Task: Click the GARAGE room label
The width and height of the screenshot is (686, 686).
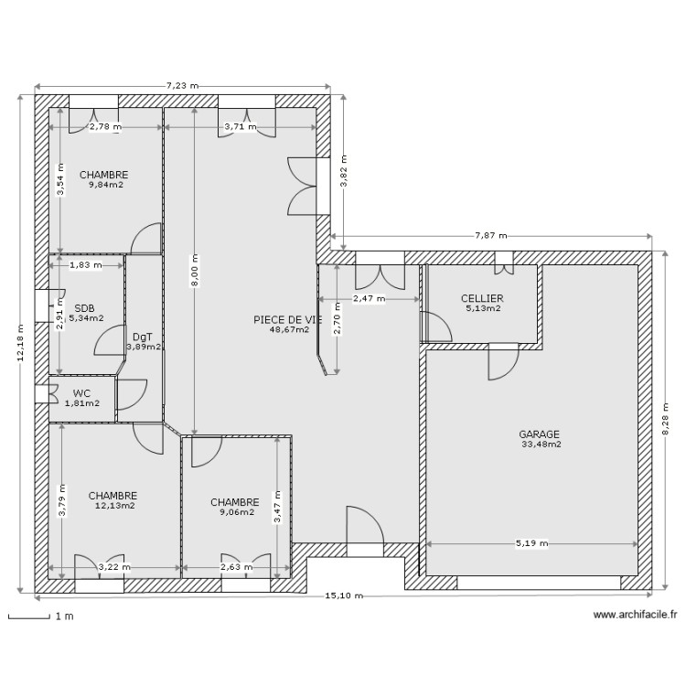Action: (x=539, y=434)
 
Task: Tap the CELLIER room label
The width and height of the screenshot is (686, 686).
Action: (x=482, y=298)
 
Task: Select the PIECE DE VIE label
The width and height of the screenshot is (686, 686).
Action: (x=288, y=319)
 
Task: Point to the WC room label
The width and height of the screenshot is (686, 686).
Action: (x=82, y=392)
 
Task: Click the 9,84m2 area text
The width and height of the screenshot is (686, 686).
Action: (x=105, y=185)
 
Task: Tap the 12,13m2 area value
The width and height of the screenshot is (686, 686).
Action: (x=114, y=505)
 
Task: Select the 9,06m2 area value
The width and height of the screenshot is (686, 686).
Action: (x=235, y=512)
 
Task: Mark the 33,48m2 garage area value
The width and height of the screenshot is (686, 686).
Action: (x=541, y=445)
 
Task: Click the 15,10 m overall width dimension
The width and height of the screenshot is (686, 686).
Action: (x=344, y=596)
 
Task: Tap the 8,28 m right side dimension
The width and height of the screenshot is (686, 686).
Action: (x=666, y=420)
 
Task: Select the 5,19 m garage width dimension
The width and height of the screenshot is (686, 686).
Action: (x=531, y=543)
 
